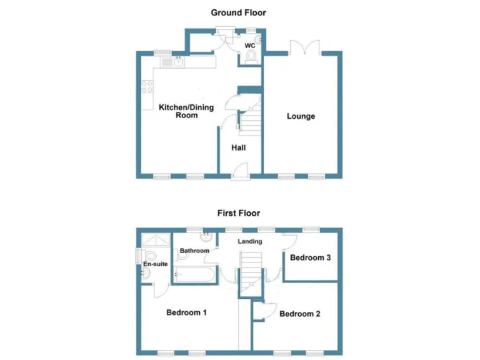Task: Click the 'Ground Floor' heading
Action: (238, 12)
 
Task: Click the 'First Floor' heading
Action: (239, 213)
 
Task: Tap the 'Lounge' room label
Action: (301, 116)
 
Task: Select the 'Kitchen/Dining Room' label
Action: (186, 111)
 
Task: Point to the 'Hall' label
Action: (238, 148)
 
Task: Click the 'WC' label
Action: (249, 46)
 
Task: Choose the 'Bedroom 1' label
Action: (186, 312)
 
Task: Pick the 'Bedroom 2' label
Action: (299, 314)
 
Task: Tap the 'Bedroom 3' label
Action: (310, 257)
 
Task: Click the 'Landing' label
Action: (249, 241)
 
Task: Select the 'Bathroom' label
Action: (194, 251)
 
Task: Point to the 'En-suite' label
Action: (154, 264)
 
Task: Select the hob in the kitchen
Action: (147, 87)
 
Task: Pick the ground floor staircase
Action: (250, 121)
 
